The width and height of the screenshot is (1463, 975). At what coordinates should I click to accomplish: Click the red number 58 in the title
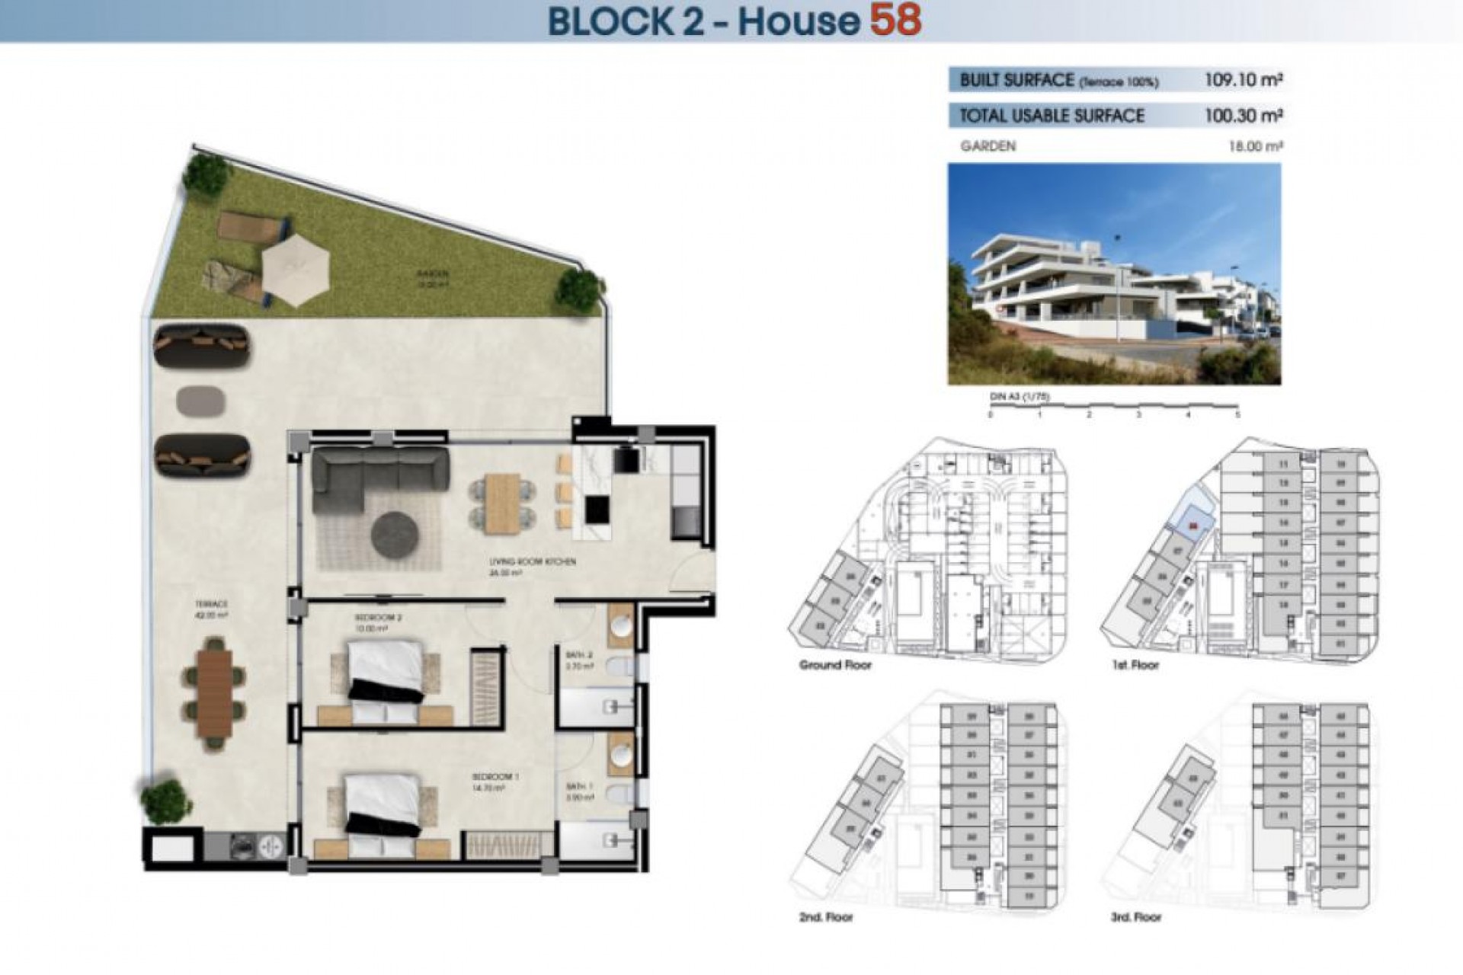pyautogui.click(x=896, y=20)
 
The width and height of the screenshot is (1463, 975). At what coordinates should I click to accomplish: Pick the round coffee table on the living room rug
pyautogui.click(x=395, y=534)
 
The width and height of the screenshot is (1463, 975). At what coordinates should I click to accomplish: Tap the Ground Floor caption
pyautogui.click(x=835, y=665)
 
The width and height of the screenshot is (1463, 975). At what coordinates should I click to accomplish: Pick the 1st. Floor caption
pyautogui.click(x=1135, y=665)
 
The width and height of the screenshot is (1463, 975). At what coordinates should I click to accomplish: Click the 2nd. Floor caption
pyautogui.click(x=826, y=917)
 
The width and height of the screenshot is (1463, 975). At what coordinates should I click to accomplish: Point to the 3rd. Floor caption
pyautogui.click(x=1135, y=917)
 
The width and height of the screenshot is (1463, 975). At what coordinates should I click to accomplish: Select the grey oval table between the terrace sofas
pyautogui.click(x=201, y=401)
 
